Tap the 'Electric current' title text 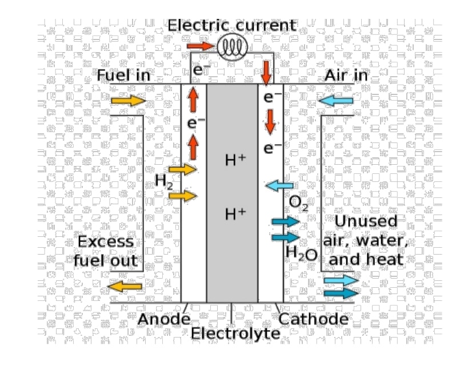pos(232,26)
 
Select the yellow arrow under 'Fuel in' pos(128,101)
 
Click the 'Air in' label pos(346,76)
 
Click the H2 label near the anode pos(164,181)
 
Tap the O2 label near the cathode pos(298,202)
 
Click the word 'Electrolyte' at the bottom pos(231,332)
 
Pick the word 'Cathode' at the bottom pos(313,319)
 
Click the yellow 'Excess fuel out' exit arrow pos(125,285)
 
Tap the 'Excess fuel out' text pos(106,251)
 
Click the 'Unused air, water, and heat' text pos(365,240)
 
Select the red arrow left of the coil pos(199,45)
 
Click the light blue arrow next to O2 pos(279,186)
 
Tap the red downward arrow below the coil pos(266,72)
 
